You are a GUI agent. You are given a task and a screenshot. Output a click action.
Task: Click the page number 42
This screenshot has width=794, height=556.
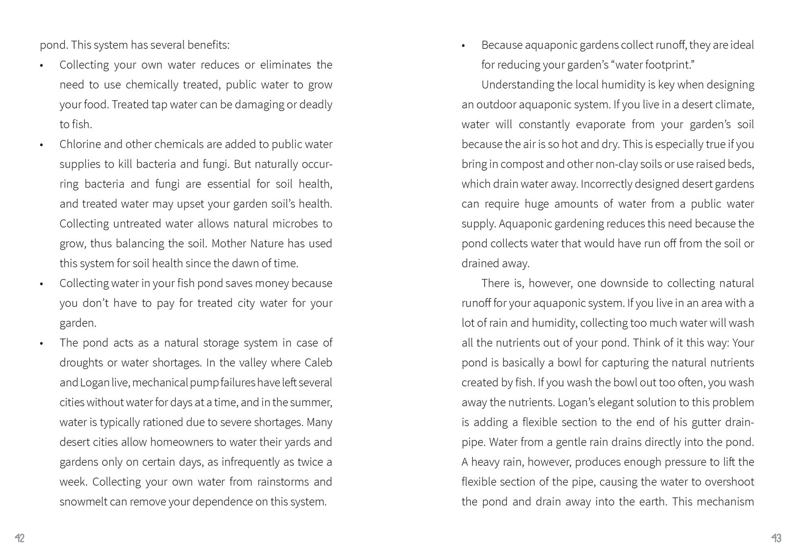pos(20,538)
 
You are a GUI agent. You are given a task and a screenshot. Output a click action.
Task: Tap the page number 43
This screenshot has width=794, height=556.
pos(776,538)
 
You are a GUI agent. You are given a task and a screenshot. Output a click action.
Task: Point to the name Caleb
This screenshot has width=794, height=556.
pos(319,363)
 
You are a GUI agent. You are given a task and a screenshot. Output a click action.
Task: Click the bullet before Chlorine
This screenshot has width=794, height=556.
pos(42,145)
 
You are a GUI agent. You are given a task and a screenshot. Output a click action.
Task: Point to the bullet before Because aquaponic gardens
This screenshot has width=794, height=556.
pos(464,46)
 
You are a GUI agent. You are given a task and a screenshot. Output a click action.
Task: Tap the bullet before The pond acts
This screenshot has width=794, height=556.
pos(42,343)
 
